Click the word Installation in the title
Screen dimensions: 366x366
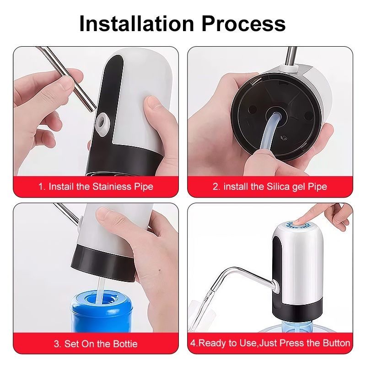click(137, 23)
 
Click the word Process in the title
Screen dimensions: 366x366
click(243, 23)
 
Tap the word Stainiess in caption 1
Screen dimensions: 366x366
click(112, 187)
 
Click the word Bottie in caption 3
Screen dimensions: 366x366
click(125, 344)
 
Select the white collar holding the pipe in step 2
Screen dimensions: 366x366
click(289, 68)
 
